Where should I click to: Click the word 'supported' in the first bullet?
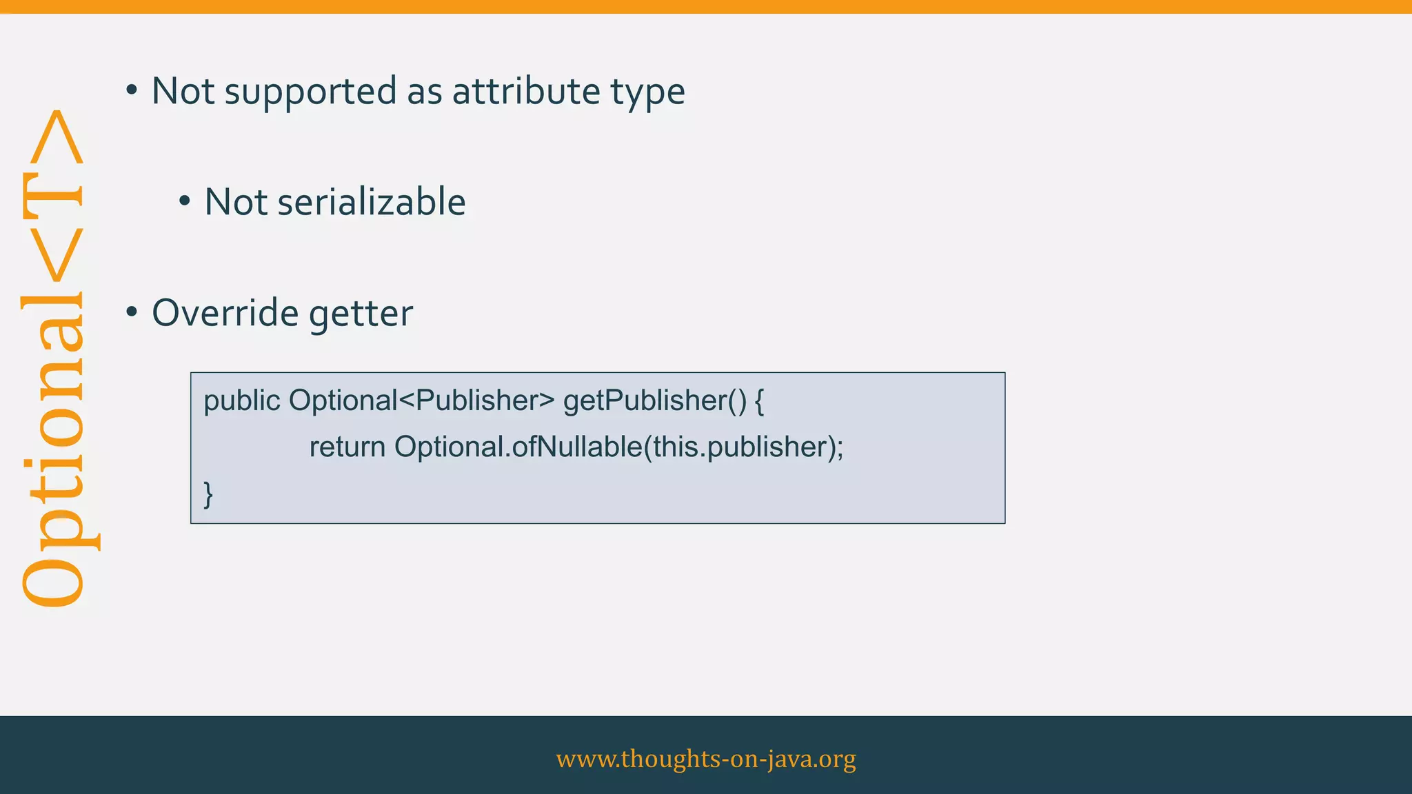311,92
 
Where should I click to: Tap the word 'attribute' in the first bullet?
526,91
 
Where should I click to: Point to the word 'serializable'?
371,202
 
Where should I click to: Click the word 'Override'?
225,313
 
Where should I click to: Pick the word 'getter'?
361,314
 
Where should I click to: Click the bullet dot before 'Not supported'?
132,90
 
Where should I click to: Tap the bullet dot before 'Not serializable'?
184,202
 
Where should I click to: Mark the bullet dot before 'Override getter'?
132,312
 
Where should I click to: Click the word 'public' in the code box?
242,401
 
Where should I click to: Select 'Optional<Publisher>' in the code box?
421,400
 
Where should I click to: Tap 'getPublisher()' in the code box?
654,401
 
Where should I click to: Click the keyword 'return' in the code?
347,447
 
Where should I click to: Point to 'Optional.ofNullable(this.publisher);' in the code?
618,447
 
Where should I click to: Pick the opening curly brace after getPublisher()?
759,401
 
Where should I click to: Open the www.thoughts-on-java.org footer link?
706,758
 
